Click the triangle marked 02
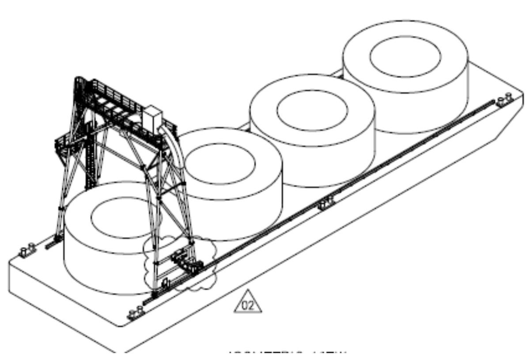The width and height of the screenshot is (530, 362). [248, 304]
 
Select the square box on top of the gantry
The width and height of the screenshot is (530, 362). [153, 116]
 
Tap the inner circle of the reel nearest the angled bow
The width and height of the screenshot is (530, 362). [405, 56]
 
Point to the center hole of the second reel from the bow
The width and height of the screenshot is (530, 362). [312, 110]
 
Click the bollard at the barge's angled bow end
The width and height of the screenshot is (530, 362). [504, 99]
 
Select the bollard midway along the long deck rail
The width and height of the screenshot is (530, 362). [327, 203]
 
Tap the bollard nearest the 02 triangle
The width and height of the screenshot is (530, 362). [135, 313]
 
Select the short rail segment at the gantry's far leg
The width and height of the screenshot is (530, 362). [53, 243]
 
